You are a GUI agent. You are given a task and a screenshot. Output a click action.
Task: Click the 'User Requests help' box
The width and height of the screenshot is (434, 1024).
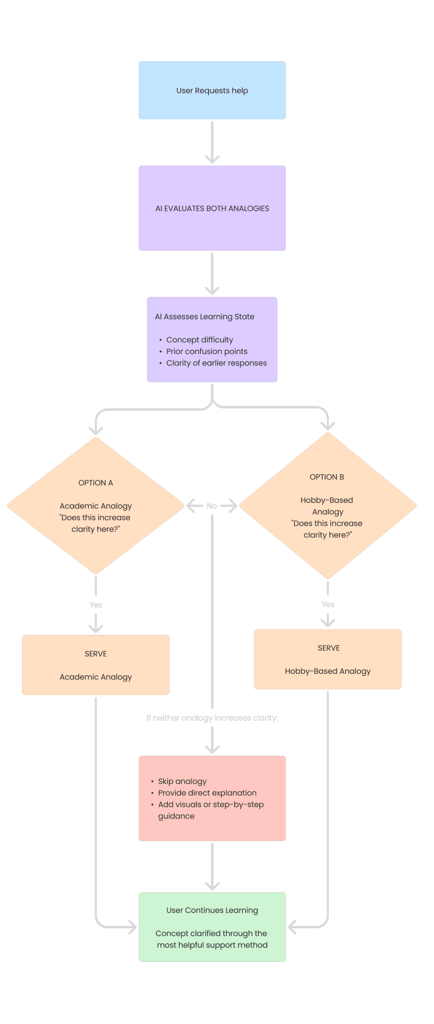pyautogui.click(x=212, y=90)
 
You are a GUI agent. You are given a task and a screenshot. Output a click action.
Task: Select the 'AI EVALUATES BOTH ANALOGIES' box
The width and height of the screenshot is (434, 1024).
pyautogui.click(x=212, y=208)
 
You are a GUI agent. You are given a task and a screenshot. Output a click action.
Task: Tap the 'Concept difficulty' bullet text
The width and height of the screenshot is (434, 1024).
pyautogui.click(x=199, y=340)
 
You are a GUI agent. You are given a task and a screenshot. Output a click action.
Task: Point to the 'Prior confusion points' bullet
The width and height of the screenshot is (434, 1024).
pyautogui.click(x=206, y=351)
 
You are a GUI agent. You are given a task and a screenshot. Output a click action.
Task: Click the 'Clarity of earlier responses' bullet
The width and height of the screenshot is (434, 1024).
pyautogui.click(x=216, y=363)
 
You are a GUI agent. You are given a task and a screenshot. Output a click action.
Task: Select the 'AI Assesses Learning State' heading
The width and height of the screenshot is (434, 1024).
pyautogui.click(x=205, y=317)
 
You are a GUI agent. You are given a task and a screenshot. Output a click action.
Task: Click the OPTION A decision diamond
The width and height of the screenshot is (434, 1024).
pyautogui.click(x=95, y=506)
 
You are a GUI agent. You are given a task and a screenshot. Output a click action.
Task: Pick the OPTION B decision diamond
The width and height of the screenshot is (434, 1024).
pyautogui.click(x=328, y=506)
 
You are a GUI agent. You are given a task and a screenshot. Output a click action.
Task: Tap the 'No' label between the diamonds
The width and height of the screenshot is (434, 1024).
pyautogui.click(x=211, y=506)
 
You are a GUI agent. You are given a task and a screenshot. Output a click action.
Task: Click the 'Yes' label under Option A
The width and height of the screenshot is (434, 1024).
pyautogui.click(x=95, y=605)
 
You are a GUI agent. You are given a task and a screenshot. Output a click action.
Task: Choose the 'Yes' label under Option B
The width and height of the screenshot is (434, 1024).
pyautogui.click(x=328, y=604)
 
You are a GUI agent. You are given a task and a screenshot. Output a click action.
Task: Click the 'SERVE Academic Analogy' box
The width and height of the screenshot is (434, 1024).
pyautogui.click(x=95, y=665)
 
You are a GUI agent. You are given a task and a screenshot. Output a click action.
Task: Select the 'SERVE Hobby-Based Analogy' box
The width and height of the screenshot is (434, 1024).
pyautogui.click(x=328, y=659)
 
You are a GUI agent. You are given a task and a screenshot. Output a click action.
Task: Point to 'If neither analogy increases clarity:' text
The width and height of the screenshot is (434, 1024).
pyautogui.click(x=212, y=718)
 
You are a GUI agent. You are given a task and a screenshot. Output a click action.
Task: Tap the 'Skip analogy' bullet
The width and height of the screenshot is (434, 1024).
pyautogui.click(x=182, y=781)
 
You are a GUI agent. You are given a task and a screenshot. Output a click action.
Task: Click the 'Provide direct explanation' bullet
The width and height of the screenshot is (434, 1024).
pyautogui.click(x=207, y=793)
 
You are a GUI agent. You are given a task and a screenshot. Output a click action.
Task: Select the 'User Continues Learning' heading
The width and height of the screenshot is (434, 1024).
pyautogui.click(x=212, y=910)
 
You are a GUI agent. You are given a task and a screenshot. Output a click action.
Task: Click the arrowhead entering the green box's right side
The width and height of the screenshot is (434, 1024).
pyautogui.click(x=291, y=927)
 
